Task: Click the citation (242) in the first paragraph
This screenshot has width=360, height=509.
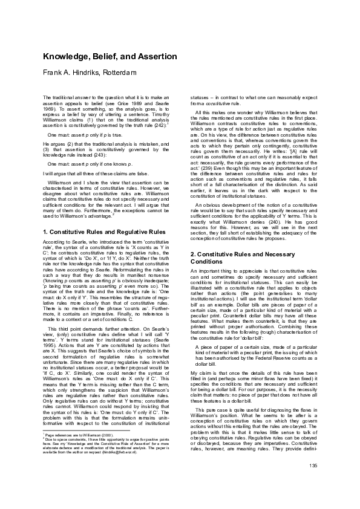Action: click(157, 125)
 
